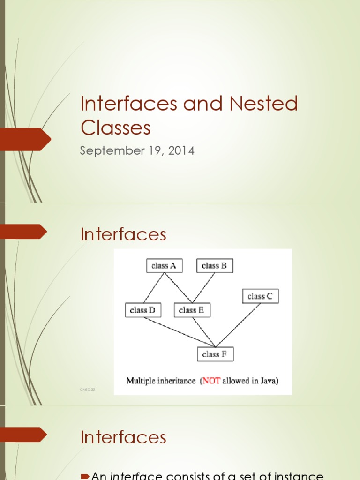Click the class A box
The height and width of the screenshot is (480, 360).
[164, 266]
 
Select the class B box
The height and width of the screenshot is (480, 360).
[214, 266]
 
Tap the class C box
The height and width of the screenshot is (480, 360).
[260, 296]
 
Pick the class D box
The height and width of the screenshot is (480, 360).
[143, 310]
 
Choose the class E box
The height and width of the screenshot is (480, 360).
[192, 310]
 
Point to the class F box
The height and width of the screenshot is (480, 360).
[215, 354]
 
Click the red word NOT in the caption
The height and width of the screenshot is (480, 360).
[209, 381]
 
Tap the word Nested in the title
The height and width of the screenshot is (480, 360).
[263, 104]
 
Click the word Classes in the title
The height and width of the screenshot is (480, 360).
[116, 127]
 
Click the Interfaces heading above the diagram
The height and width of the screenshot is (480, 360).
[123, 234]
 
